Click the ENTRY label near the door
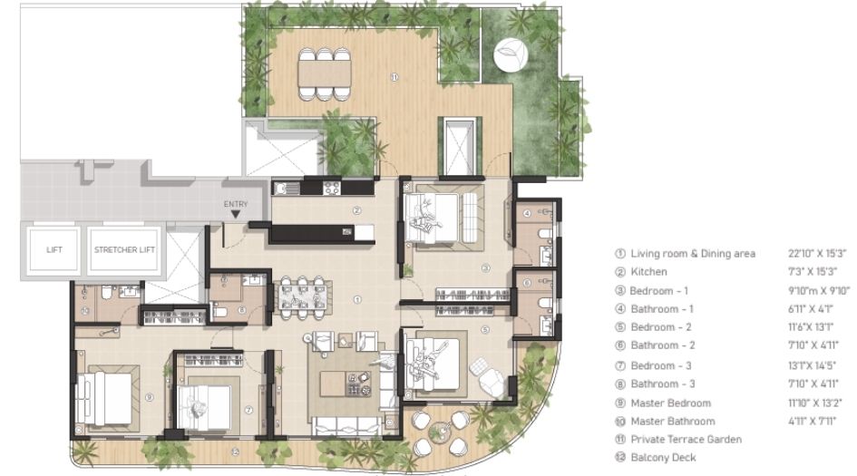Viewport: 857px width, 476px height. coord(235,204)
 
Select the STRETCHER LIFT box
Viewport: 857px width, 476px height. coord(125,249)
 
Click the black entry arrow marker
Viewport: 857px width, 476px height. coord(235,215)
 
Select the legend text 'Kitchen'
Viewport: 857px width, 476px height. coord(648,272)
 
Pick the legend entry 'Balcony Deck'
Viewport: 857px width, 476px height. coord(663,458)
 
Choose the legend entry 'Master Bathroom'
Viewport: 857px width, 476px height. coord(672,422)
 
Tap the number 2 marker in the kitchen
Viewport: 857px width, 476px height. coord(357,210)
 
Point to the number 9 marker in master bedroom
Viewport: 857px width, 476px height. coord(148,396)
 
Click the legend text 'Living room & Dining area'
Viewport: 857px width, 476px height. coord(693,254)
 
